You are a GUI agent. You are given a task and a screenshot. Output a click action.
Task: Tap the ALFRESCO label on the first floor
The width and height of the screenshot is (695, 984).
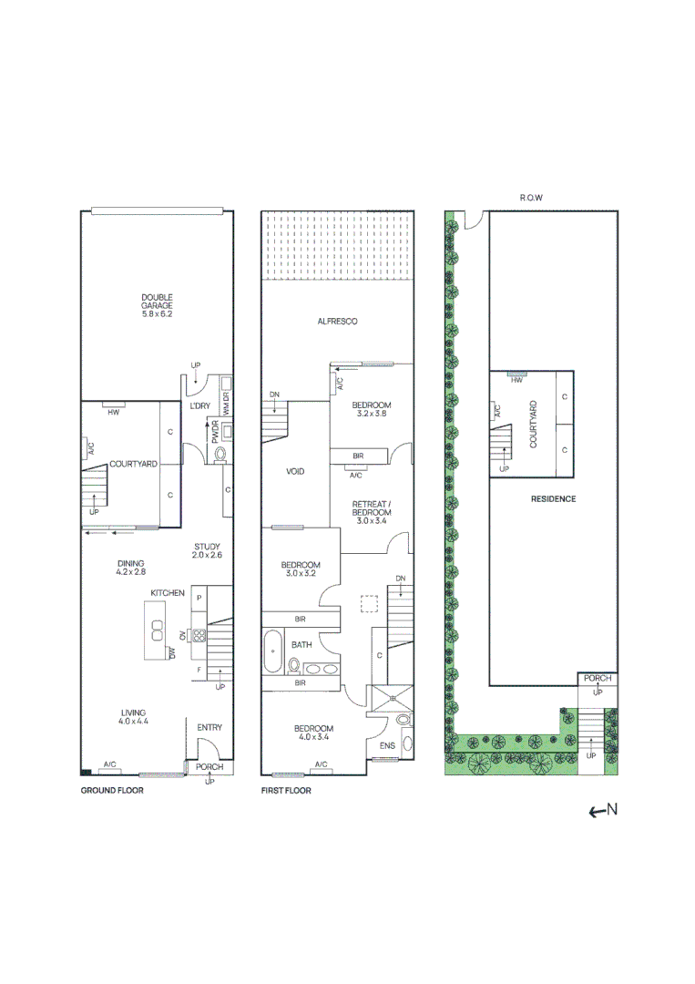pyautogui.click(x=337, y=322)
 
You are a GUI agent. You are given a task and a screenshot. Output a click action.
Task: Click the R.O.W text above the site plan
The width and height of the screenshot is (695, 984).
pyautogui.click(x=531, y=197)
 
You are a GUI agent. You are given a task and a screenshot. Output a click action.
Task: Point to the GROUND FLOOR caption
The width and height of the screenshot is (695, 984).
pyautogui.click(x=112, y=791)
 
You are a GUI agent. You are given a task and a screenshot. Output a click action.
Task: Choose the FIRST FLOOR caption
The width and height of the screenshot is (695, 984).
pyautogui.click(x=286, y=791)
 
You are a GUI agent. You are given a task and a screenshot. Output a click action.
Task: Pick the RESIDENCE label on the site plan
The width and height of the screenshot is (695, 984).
pyautogui.click(x=553, y=499)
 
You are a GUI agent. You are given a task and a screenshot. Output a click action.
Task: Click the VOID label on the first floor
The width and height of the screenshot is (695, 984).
pyautogui.click(x=295, y=472)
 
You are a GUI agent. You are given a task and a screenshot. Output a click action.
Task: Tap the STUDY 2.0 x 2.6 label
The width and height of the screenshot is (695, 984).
pyautogui.click(x=207, y=551)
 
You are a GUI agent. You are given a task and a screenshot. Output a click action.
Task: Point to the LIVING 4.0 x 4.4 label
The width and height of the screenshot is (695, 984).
pyautogui.click(x=133, y=717)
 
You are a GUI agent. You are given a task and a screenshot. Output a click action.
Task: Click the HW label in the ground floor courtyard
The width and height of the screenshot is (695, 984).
pyautogui.click(x=114, y=413)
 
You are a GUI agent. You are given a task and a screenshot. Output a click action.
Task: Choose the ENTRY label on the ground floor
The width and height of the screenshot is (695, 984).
pyautogui.click(x=210, y=727)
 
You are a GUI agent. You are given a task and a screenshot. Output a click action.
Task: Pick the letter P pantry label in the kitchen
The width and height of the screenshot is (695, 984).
pyautogui.click(x=199, y=597)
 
